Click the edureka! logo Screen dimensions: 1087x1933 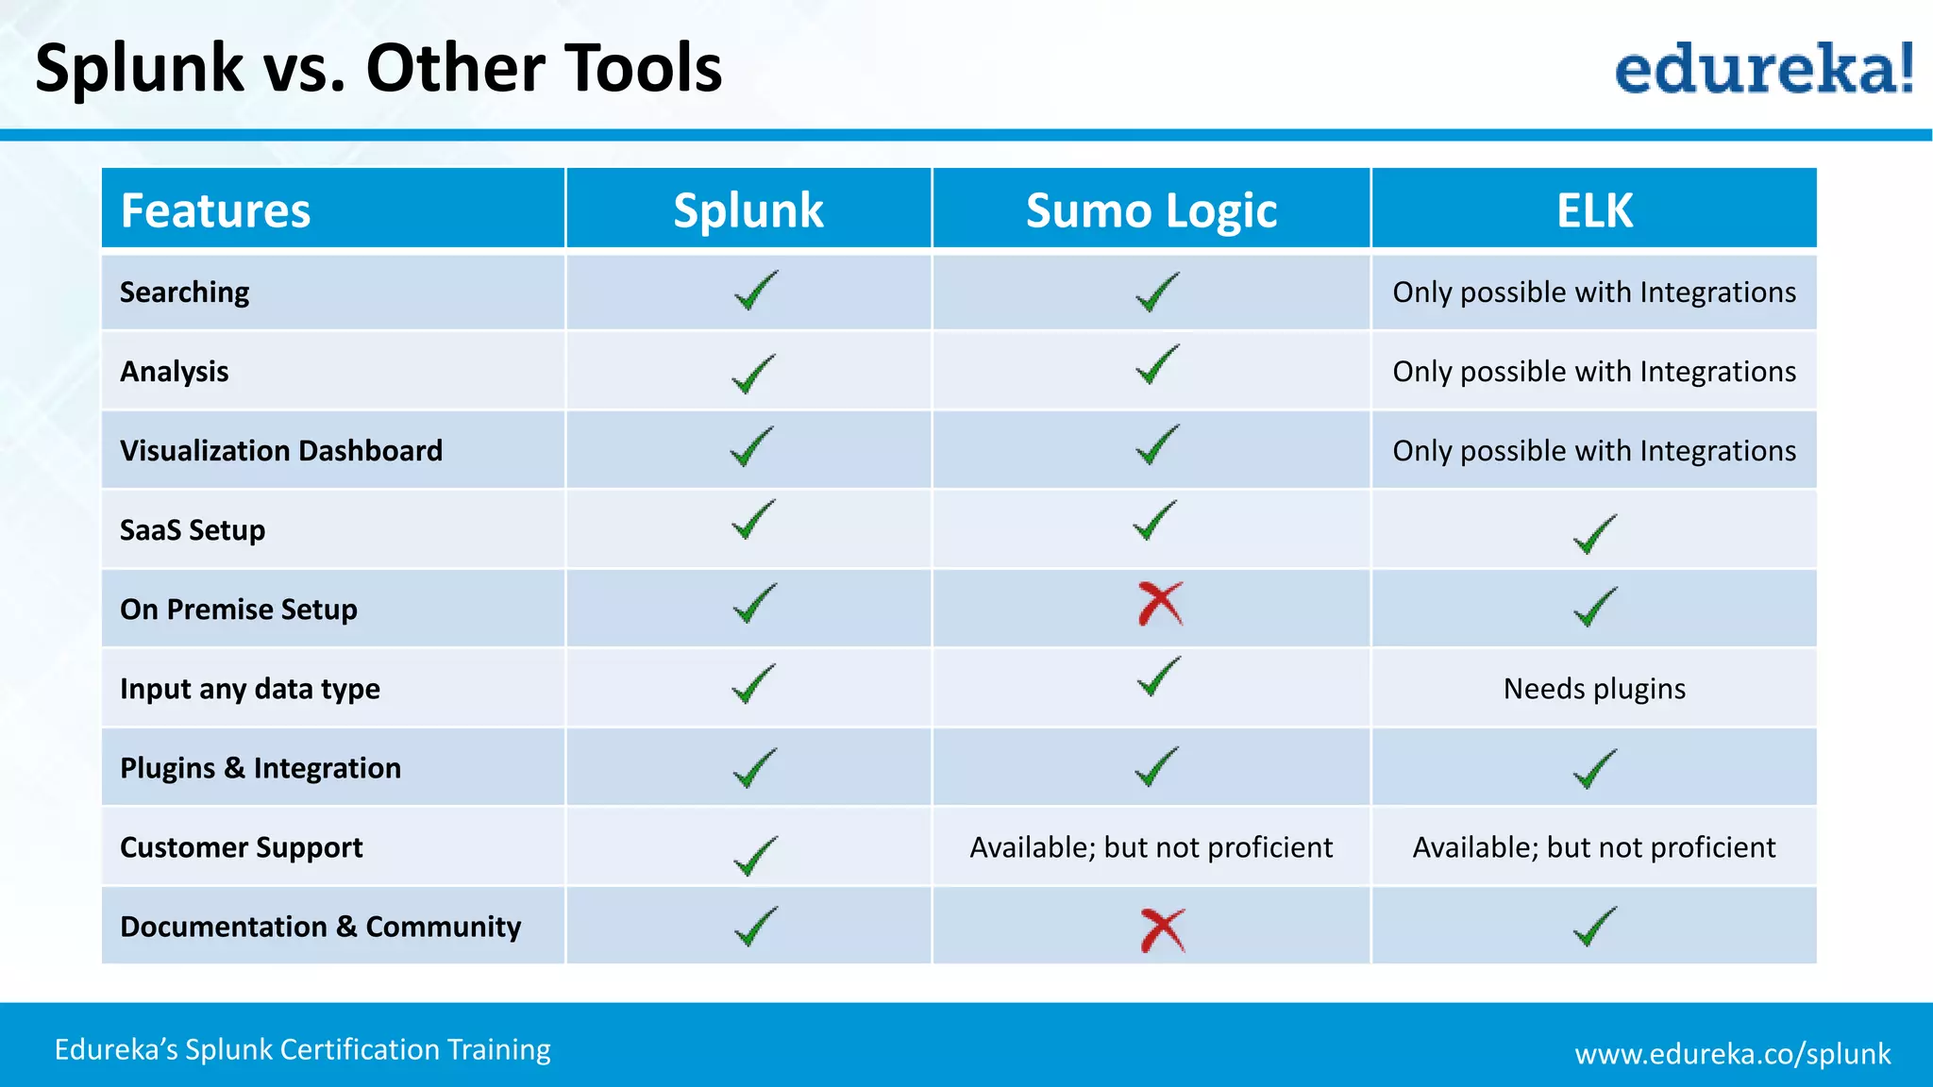point(1763,70)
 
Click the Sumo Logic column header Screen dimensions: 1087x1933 point(1151,210)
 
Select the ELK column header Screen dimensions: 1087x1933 point(1594,210)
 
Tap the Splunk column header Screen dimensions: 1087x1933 point(748,210)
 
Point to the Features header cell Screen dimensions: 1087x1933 point(216,210)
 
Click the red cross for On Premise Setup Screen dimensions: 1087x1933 point(1160,604)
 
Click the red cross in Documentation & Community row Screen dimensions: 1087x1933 point(1162,930)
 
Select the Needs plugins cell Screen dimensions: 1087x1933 point(1594,689)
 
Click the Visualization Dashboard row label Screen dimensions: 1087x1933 point(281,451)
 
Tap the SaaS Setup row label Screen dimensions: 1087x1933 point(193,530)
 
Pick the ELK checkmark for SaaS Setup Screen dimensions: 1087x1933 point(1594,534)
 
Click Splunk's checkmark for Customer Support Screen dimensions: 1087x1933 point(755,855)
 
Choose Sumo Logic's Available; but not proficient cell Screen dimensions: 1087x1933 point(1151,847)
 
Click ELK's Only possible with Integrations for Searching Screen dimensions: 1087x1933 point(1594,293)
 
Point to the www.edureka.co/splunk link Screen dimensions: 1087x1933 point(1732,1053)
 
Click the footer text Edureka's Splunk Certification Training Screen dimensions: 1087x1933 point(302,1049)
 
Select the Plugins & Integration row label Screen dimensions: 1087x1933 point(261,768)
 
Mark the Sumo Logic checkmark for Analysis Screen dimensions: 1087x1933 point(1156,364)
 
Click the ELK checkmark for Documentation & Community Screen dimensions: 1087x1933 point(1594,926)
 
